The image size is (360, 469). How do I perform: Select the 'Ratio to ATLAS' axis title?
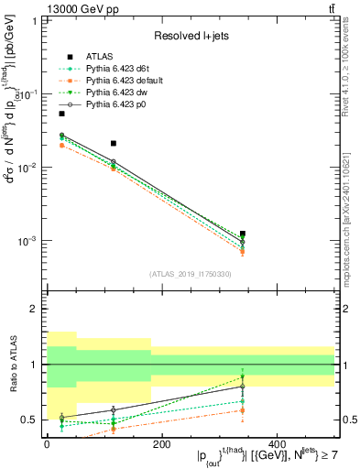(x=12, y=365)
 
